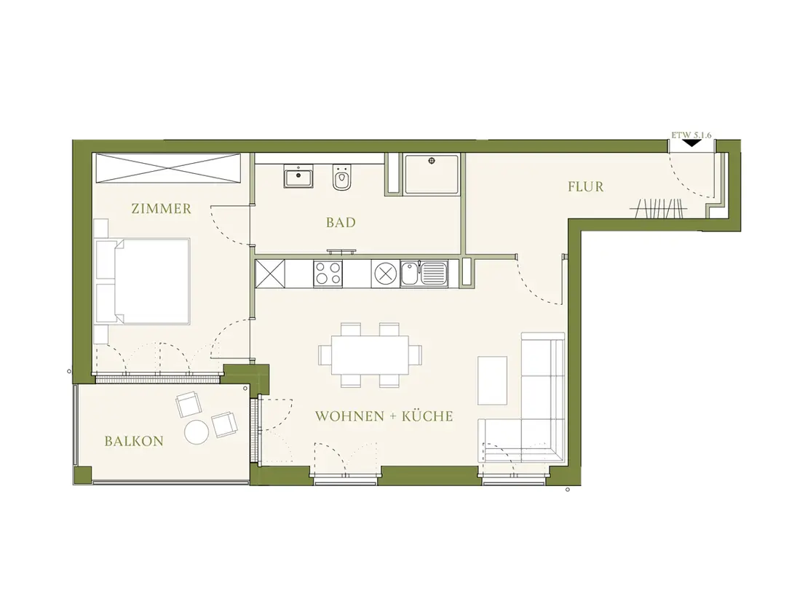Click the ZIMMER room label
click(161, 209)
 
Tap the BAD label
click(341, 223)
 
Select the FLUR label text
click(586, 187)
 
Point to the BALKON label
click(134, 441)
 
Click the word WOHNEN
click(349, 416)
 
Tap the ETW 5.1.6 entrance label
click(691, 135)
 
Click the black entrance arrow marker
click(692, 143)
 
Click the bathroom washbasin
click(298, 177)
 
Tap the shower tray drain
click(431, 161)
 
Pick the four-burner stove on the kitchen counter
click(328, 272)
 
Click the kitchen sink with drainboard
click(424, 272)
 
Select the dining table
click(370, 355)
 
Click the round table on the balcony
click(197, 432)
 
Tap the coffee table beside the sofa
click(492, 381)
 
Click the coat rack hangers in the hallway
click(659, 208)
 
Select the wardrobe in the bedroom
click(168, 168)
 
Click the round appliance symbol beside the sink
click(384, 272)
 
